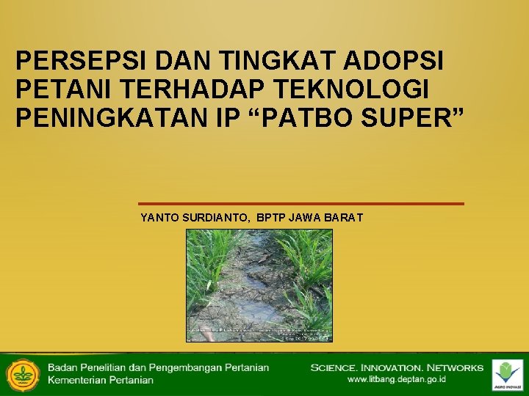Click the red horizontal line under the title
[301, 203]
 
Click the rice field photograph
[259, 279]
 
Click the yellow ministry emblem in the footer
[23, 374]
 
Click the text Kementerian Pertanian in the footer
[101, 380]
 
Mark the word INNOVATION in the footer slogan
[395, 367]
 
